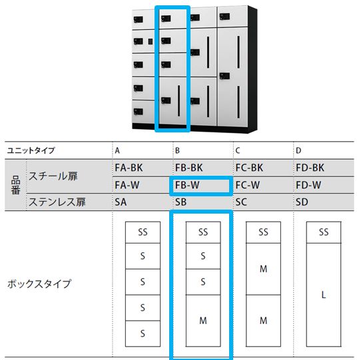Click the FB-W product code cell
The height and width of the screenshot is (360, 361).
(187, 185)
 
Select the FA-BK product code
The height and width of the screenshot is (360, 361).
(129, 168)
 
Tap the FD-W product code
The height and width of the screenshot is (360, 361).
(308, 185)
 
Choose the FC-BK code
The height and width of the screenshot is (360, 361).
(249, 168)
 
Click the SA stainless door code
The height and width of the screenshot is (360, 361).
(121, 202)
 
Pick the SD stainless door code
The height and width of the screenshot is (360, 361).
(302, 202)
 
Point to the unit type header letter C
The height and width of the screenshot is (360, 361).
(238, 150)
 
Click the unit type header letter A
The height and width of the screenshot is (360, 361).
(117, 150)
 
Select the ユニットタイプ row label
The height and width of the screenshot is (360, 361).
(31, 150)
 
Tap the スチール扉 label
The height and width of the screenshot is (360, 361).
(53, 176)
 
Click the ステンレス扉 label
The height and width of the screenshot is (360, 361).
(57, 202)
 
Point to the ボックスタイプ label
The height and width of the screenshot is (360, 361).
(39, 284)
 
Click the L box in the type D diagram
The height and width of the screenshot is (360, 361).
(324, 295)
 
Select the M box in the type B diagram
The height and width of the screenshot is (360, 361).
(203, 321)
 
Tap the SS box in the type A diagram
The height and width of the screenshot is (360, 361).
(143, 232)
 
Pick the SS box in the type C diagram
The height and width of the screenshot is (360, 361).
(263, 232)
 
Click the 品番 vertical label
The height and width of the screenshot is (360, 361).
(16, 185)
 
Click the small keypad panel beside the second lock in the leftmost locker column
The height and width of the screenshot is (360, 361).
(151, 42)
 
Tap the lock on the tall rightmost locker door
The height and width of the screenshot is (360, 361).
(224, 76)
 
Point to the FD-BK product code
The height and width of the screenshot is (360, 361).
(310, 168)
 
